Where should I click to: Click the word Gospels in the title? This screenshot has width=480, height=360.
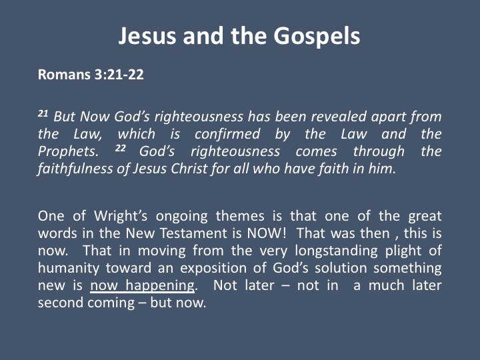tap(317, 37)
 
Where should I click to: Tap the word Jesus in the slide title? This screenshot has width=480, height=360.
tap(147, 36)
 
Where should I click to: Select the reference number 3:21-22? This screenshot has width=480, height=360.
tap(119, 75)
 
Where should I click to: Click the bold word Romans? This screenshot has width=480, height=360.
tap(64, 75)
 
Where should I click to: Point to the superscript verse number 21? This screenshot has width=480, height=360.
tap(43, 113)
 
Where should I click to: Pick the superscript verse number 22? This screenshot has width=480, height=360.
tap(121, 149)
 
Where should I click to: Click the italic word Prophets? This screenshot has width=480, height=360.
tap(68, 152)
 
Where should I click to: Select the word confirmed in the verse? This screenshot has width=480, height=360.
tap(227, 134)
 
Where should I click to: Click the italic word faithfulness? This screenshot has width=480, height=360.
tap(75, 169)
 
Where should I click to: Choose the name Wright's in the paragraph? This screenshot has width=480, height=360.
tap(121, 216)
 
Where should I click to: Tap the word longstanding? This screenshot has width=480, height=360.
tap(337, 251)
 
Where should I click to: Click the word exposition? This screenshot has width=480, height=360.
tap(213, 269)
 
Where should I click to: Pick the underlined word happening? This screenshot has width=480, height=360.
tap(160, 286)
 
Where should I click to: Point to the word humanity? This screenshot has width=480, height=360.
tap(69, 269)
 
